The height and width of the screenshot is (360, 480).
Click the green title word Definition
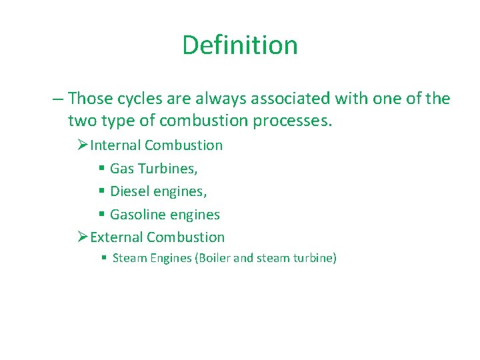239,45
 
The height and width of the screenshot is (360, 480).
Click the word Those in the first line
91,99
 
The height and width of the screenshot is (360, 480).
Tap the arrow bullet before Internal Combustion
83,145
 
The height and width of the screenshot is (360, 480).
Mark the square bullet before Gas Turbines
101,169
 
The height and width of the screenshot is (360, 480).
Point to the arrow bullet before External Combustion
83,237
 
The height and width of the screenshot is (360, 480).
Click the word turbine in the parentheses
313,258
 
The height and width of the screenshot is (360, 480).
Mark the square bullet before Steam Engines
104,258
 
